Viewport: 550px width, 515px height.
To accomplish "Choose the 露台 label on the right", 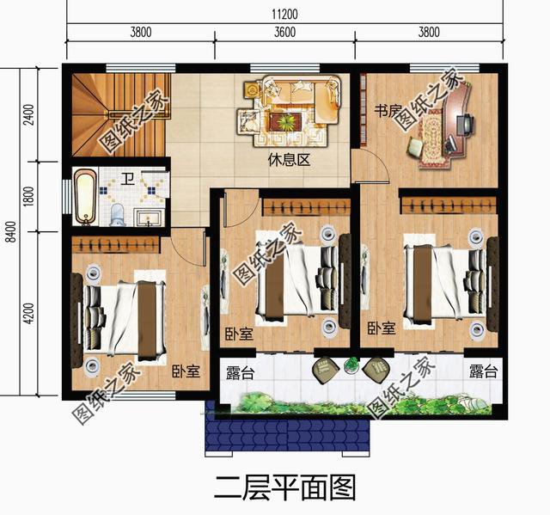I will pyautogui.click(x=483, y=372).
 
